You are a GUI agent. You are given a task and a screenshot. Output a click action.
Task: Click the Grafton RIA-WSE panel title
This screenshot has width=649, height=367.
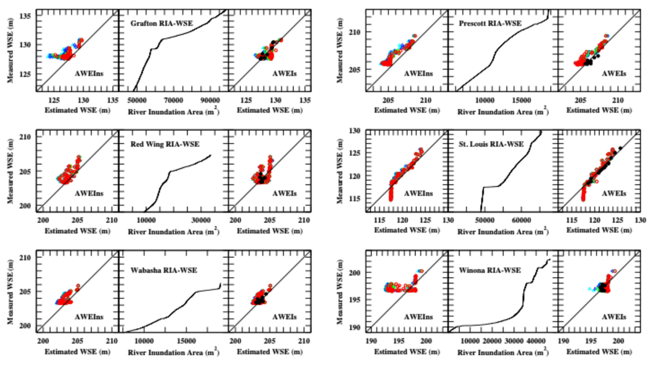(162, 23)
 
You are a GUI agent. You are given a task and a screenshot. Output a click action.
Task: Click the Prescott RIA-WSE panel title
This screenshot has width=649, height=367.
(490, 23)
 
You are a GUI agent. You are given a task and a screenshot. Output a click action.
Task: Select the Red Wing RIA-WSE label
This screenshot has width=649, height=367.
(165, 144)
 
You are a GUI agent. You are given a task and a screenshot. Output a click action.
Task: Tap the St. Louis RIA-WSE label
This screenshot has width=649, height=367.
(491, 144)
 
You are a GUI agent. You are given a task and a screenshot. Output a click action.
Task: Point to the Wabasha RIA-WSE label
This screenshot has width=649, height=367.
(164, 270)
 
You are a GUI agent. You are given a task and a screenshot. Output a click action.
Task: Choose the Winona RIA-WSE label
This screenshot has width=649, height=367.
(490, 270)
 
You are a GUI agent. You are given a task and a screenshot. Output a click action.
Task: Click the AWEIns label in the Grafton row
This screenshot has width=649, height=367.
(89, 73)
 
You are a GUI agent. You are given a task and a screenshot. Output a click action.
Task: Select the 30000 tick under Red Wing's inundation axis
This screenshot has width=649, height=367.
(201, 220)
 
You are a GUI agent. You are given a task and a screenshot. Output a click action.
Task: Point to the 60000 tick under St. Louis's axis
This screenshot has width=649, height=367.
(521, 220)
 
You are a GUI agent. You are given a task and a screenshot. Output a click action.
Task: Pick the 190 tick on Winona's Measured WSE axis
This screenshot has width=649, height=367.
(355, 327)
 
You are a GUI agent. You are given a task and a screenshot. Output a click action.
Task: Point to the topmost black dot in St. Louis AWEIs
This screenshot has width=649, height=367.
(620, 148)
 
